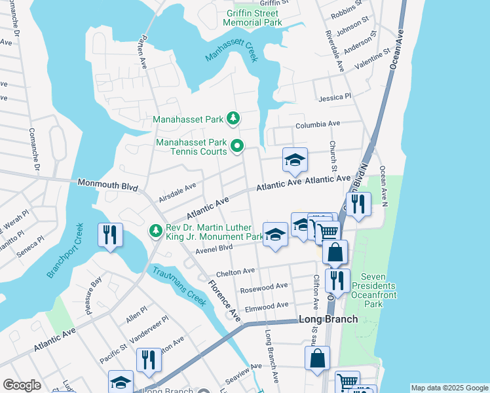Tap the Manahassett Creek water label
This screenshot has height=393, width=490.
[233, 50]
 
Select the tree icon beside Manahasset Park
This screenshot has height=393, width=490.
[233, 118]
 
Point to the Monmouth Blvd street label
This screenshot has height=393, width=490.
[108, 186]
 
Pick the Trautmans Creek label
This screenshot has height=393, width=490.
[179, 286]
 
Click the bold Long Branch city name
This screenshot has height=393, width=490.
[328, 319]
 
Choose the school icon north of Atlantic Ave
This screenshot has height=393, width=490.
[294, 160]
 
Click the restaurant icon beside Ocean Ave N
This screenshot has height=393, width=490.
[358, 203]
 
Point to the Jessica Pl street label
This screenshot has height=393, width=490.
[335, 97]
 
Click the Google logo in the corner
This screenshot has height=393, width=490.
[22, 384]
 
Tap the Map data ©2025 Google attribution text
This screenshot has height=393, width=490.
[449, 388]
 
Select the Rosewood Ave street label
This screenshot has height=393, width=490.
[264, 286]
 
